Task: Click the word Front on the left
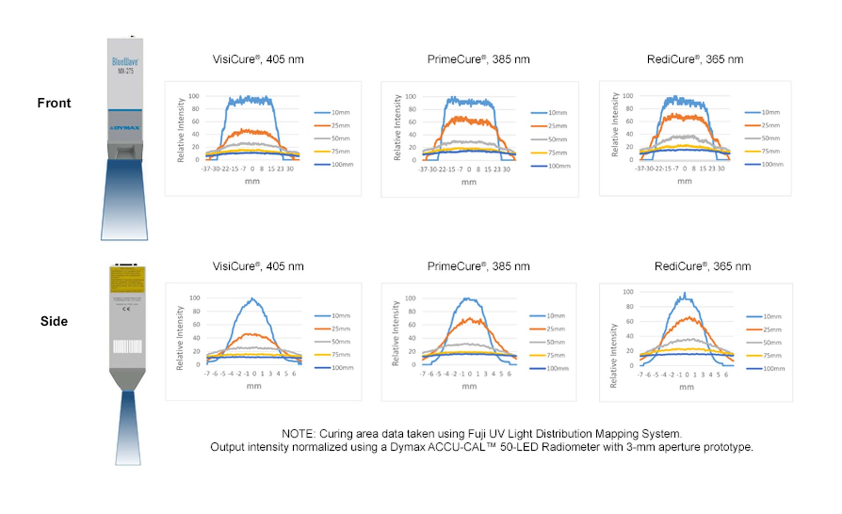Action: (54, 103)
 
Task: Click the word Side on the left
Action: (54, 321)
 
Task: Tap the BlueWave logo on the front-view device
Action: (125, 62)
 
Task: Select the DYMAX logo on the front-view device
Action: (125, 128)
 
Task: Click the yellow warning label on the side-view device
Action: (127, 279)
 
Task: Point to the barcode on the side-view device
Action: (127, 346)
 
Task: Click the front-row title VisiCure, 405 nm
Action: (258, 59)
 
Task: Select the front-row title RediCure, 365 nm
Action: (695, 59)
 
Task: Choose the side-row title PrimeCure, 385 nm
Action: (478, 266)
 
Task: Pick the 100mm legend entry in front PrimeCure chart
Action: (551, 166)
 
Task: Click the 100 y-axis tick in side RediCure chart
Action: (628, 292)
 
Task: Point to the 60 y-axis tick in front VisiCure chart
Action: (195, 121)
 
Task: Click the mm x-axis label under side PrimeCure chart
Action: (469, 386)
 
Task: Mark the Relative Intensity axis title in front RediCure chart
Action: (615, 124)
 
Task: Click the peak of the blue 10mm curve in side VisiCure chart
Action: (253, 299)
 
